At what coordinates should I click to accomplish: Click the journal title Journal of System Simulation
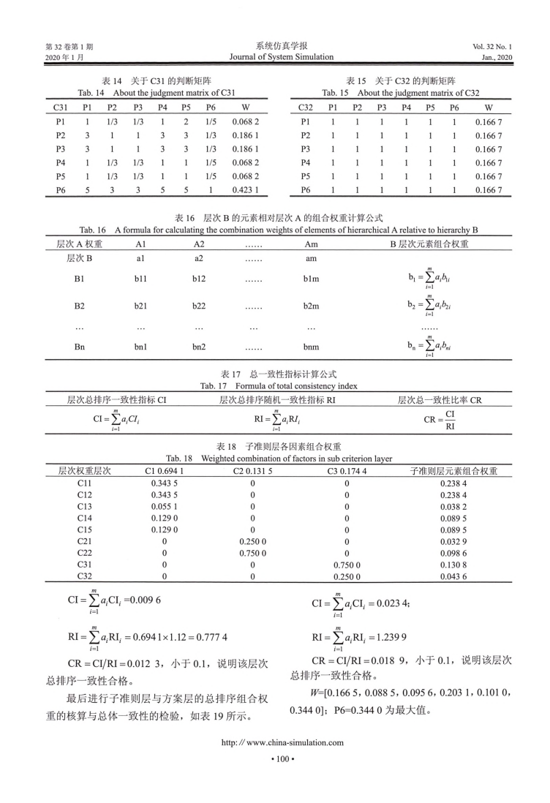275,57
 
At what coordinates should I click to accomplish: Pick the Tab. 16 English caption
275,230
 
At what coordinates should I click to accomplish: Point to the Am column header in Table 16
310,242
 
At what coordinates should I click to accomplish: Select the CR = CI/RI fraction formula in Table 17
440,420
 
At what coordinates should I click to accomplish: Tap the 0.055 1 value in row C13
164,507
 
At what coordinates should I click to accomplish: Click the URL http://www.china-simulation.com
275,763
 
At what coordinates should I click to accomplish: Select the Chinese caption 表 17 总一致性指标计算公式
275,374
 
